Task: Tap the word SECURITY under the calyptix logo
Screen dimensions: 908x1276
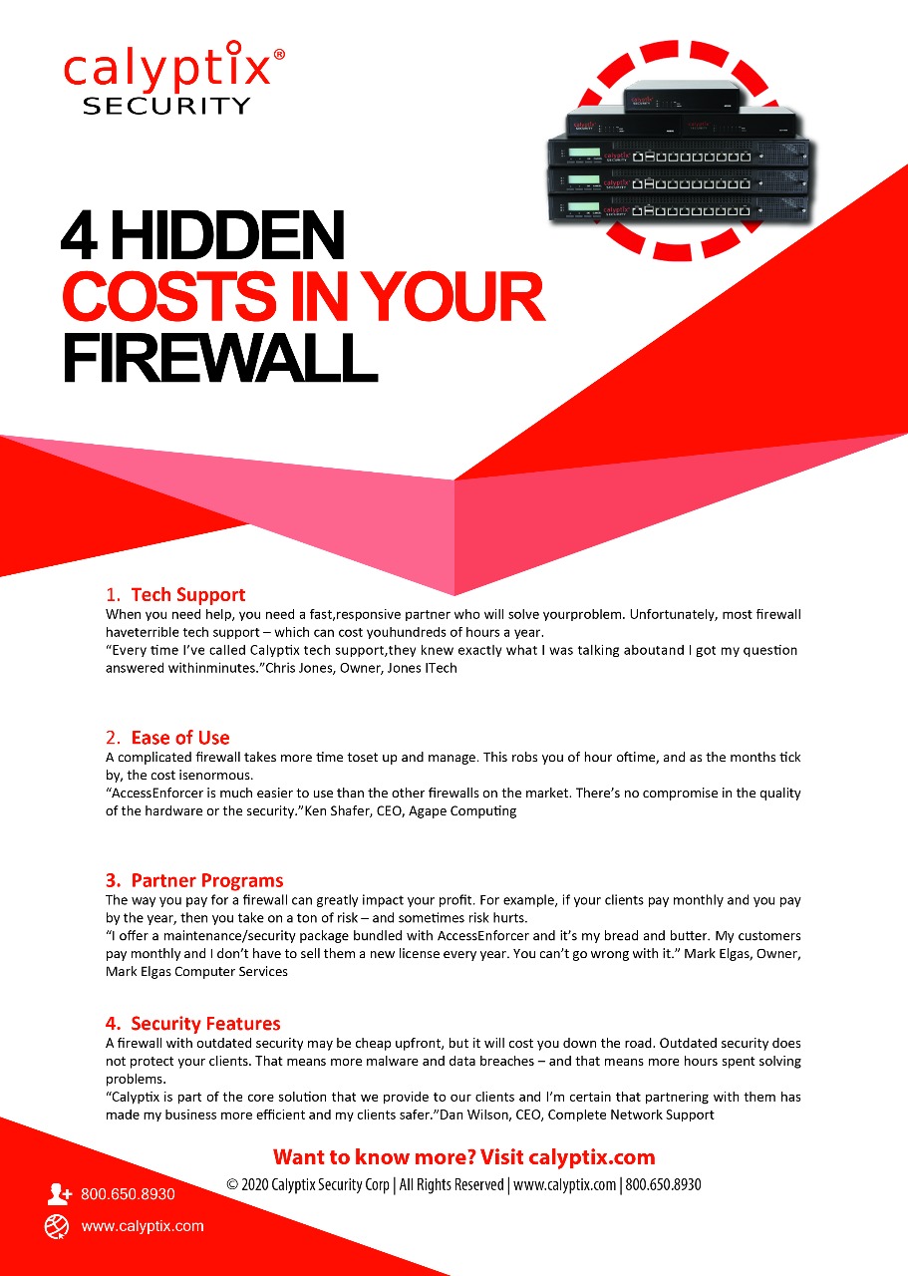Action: [166, 106]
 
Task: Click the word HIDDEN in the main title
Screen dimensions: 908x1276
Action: [227, 236]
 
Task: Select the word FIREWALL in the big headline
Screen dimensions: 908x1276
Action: [220, 357]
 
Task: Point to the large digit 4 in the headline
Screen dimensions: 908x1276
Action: [79, 236]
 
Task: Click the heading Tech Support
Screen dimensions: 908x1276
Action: [188, 595]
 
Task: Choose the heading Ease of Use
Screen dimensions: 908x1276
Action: [180, 738]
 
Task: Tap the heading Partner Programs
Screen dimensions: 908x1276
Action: [206, 880]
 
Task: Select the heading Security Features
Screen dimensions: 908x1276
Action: [205, 1024]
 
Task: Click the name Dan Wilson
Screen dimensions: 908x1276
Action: [474, 1115]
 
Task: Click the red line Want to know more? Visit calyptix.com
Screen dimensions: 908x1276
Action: [463, 1157]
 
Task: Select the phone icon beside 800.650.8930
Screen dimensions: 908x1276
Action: [59, 1194]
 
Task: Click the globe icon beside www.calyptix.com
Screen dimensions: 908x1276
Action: [57, 1226]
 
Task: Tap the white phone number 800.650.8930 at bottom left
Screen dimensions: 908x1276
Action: [128, 1194]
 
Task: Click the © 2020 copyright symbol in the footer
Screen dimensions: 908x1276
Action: [232, 1185]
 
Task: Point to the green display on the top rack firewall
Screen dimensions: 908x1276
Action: [584, 153]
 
